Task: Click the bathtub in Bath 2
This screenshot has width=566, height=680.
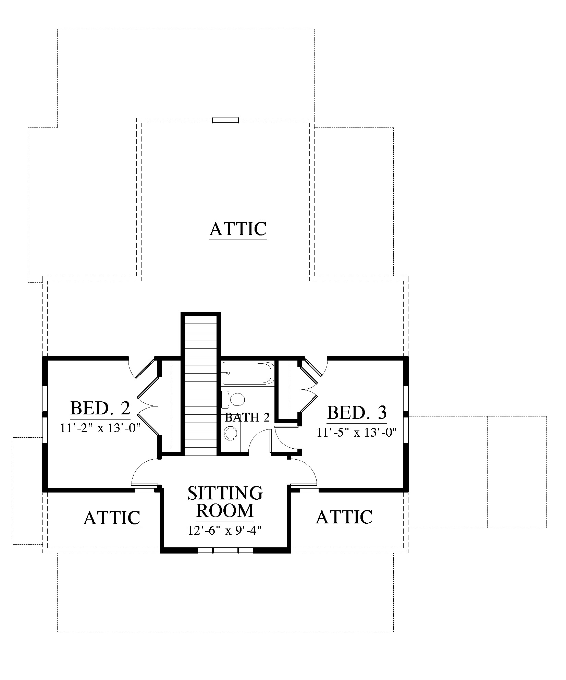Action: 248,373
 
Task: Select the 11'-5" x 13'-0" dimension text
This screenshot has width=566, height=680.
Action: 357,433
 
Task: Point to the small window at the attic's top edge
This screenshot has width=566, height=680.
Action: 225,120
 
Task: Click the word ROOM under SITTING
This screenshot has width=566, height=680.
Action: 225,511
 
